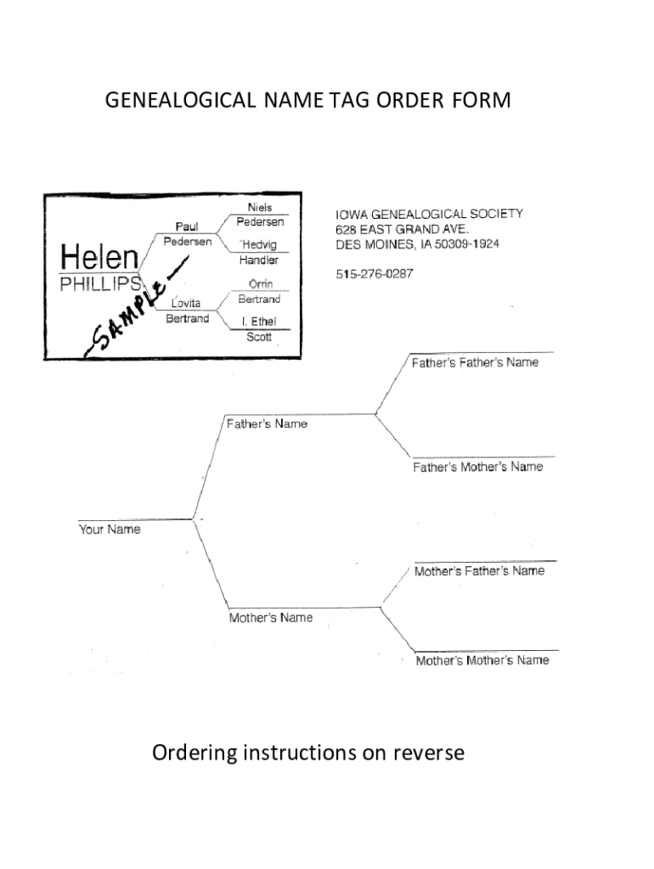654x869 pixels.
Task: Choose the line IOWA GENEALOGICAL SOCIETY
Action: [426, 214]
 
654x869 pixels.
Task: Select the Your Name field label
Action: [110, 530]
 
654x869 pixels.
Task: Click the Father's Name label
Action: [267, 423]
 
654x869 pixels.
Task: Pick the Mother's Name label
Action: [271, 618]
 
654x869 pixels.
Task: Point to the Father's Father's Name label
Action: [475, 362]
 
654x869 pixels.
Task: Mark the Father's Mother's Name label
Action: [477, 468]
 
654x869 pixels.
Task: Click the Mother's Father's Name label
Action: [479, 571]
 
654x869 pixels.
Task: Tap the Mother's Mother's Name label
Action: [482, 660]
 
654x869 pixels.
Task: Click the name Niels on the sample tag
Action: [260, 207]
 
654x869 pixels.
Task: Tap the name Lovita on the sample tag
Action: [187, 303]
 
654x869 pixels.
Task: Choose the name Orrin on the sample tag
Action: [259, 284]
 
